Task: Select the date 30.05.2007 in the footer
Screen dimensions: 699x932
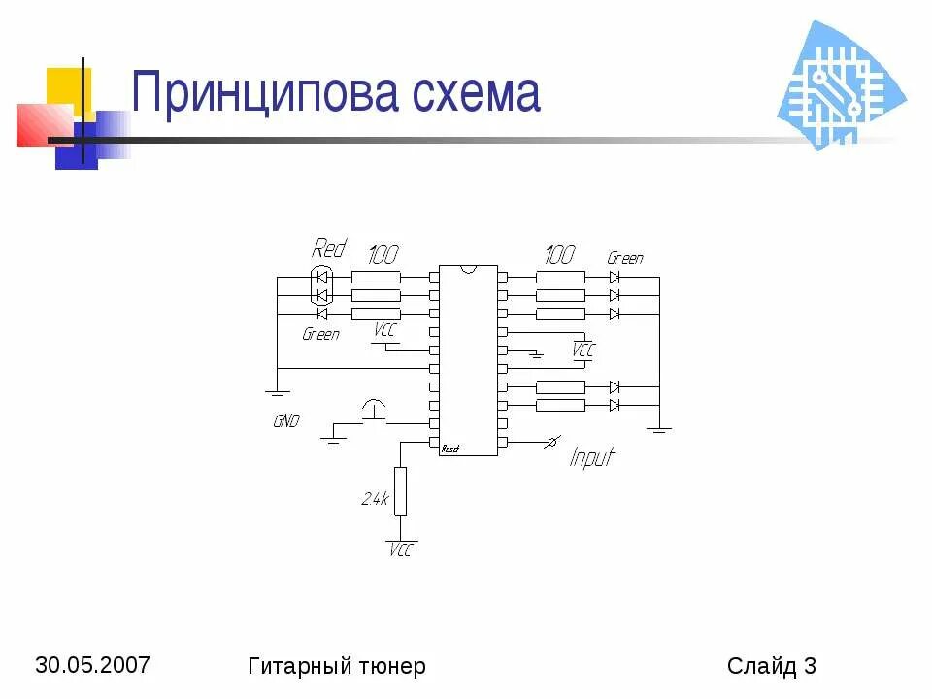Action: [x=93, y=665]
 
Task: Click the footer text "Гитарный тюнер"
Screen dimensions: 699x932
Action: [x=337, y=666]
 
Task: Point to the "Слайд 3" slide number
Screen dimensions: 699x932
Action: [x=771, y=666]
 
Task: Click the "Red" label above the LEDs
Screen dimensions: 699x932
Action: [x=328, y=249]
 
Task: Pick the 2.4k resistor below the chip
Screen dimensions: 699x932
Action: [x=400, y=490]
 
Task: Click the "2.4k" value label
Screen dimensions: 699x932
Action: [x=375, y=499]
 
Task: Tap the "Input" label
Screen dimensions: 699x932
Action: [x=591, y=456]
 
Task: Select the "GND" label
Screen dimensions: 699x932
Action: [x=286, y=421]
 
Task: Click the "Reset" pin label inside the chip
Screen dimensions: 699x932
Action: [x=450, y=449]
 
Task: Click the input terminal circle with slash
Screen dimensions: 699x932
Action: [x=551, y=443]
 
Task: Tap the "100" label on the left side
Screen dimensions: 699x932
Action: [x=383, y=254]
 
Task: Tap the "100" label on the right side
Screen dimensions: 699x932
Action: [x=559, y=254]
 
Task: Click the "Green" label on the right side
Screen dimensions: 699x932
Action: [x=624, y=258]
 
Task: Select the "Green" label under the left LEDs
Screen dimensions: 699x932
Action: [x=321, y=334]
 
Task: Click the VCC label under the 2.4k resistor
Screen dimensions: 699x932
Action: [x=400, y=549]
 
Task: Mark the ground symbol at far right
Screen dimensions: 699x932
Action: [x=659, y=428]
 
